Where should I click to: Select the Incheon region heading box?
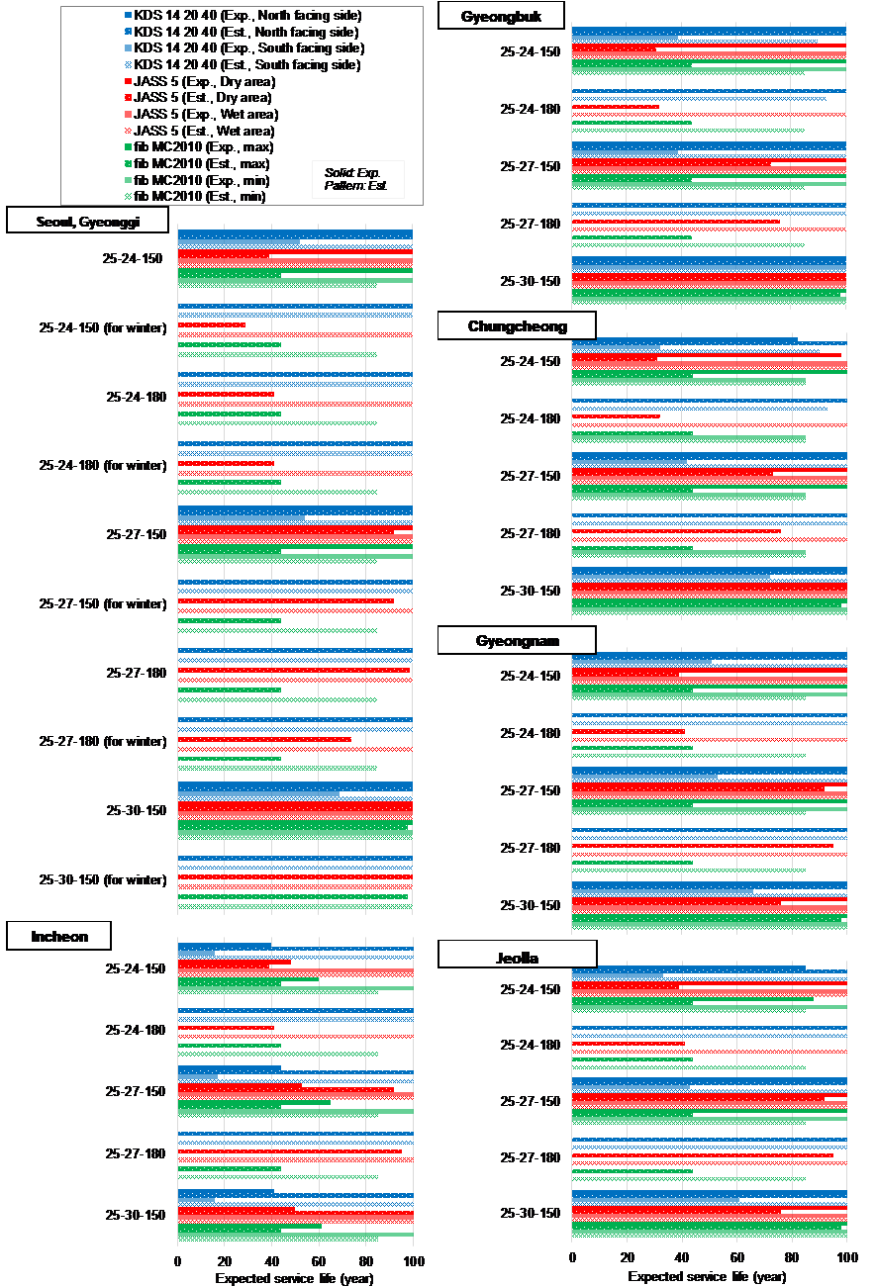pos(58,936)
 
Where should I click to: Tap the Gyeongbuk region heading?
pos(501,18)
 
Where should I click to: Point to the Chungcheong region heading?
pos(516,326)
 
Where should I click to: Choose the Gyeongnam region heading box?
pos(516,641)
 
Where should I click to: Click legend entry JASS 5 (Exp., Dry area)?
pos(205,81)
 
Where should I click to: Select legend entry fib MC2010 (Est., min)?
pos(201,196)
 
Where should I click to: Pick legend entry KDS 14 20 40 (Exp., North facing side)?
pos(247,16)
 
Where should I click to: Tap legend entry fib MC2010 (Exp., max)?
pos(202,146)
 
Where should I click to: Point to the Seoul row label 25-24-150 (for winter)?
pos(102,327)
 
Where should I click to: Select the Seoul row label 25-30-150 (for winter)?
pos(102,879)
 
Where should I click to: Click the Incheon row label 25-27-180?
pos(135,1153)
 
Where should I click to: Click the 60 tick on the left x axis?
pos(319,1261)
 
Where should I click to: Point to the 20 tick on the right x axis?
pos(627,1256)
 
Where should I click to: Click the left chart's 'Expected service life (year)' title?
pos(294,1278)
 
